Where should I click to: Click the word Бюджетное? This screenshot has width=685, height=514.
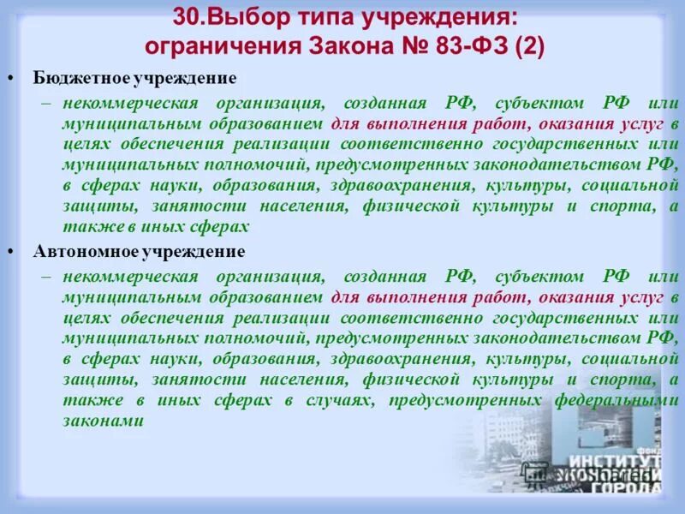(80, 78)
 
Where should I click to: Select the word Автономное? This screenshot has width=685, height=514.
(82, 252)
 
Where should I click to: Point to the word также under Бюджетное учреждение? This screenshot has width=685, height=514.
(86, 227)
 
